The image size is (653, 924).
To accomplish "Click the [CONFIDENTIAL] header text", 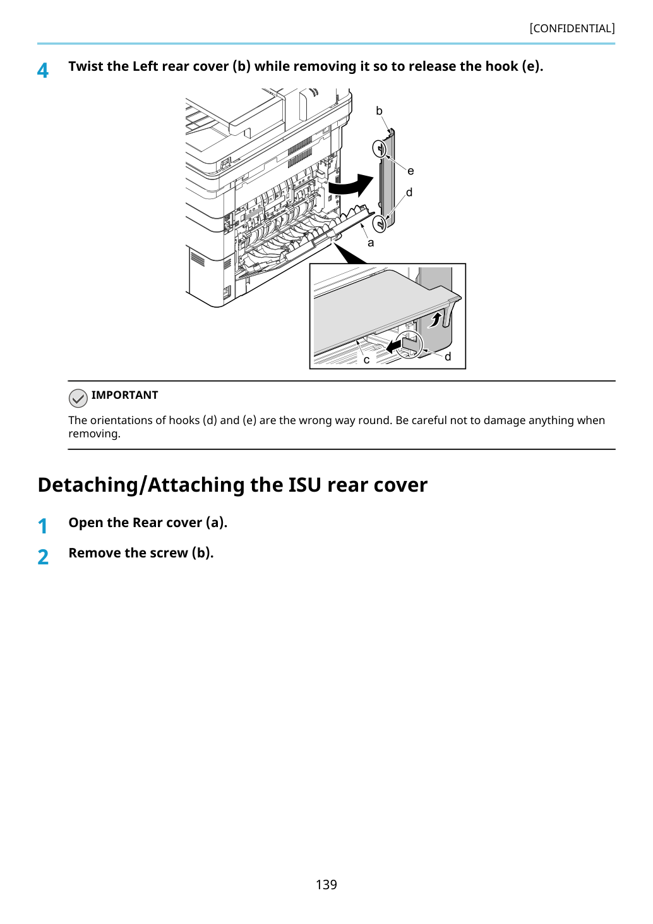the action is point(572,28).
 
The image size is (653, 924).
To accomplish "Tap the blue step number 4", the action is point(42,70).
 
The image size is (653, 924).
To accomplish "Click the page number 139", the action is point(326,884).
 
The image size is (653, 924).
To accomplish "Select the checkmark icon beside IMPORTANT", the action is point(78,398).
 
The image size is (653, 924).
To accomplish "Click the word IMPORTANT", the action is point(124,395).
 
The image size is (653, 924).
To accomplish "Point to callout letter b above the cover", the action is point(379,111).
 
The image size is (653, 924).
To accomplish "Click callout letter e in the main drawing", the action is point(410,171).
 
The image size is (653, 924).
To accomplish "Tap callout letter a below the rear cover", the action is point(371,243).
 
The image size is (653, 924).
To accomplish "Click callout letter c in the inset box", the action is point(366,360).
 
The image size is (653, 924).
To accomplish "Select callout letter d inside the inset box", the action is point(448,356).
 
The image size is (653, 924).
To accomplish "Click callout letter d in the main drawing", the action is point(409,192).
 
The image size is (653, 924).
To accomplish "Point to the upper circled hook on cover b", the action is point(380,149).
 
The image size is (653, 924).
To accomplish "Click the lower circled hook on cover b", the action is point(380,224).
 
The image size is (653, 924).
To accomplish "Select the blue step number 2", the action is point(43,557).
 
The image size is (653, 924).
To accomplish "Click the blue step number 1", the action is point(42,526).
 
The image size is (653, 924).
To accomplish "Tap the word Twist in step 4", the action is point(86,66).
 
